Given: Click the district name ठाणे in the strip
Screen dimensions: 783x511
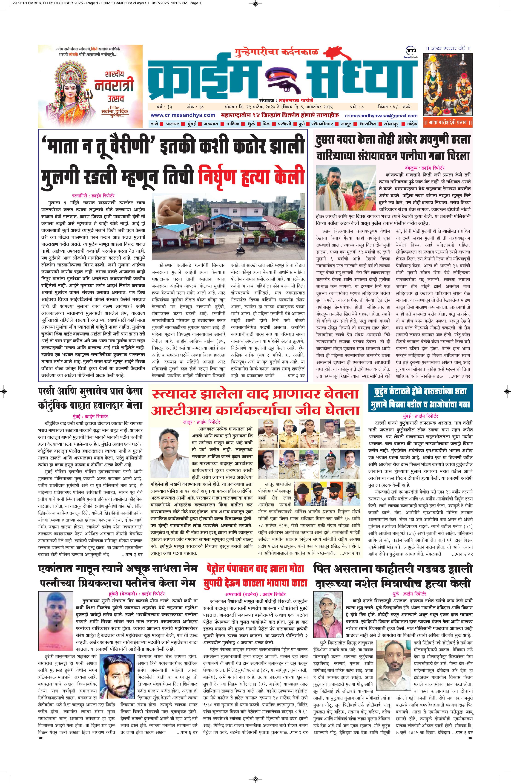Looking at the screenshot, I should [x=154, y=124].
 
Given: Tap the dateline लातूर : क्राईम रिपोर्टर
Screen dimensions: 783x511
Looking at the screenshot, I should [x=202, y=422].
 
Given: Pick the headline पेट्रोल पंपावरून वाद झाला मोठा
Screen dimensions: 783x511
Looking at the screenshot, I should [x=255, y=568].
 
